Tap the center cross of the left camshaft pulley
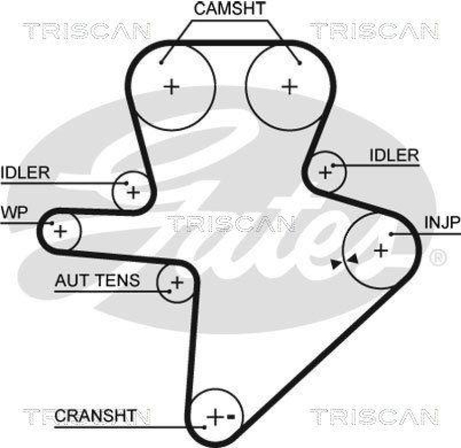[171, 87]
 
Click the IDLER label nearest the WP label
[25, 173]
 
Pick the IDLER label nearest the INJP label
[394, 155]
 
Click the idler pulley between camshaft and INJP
[327, 171]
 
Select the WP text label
[14, 211]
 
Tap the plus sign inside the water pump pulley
[61, 232]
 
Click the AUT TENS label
[97, 281]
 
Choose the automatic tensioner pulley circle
[176, 282]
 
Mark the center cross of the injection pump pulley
[380, 250]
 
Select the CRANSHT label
[96, 415]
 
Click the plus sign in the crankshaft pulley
[214, 416]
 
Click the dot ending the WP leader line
[52, 222]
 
